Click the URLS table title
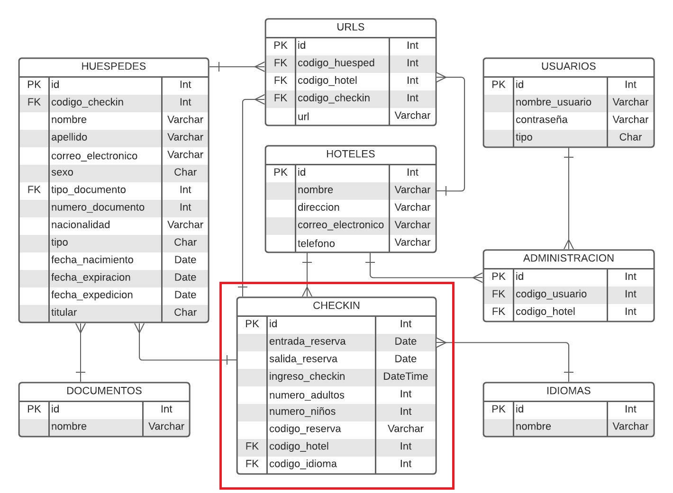(350, 27)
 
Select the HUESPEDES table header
(113, 67)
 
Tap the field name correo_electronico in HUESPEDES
(94, 156)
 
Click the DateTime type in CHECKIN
(405, 376)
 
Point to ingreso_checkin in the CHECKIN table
(307, 376)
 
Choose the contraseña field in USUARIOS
(541, 120)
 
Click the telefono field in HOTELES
(316, 243)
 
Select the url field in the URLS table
(303, 117)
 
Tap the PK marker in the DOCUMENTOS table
(34, 409)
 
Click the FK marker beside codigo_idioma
(252, 464)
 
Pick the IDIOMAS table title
(568, 391)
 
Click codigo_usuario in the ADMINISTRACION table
(551, 294)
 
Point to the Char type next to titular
(185, 313)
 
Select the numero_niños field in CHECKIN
(302, 412)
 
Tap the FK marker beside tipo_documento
(34, 190)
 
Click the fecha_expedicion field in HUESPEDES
(92, 295)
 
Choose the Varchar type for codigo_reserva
(405, 429)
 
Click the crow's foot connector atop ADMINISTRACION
(568, 244)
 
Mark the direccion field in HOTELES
(318, 207)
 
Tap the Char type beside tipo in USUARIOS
(630, 137)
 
